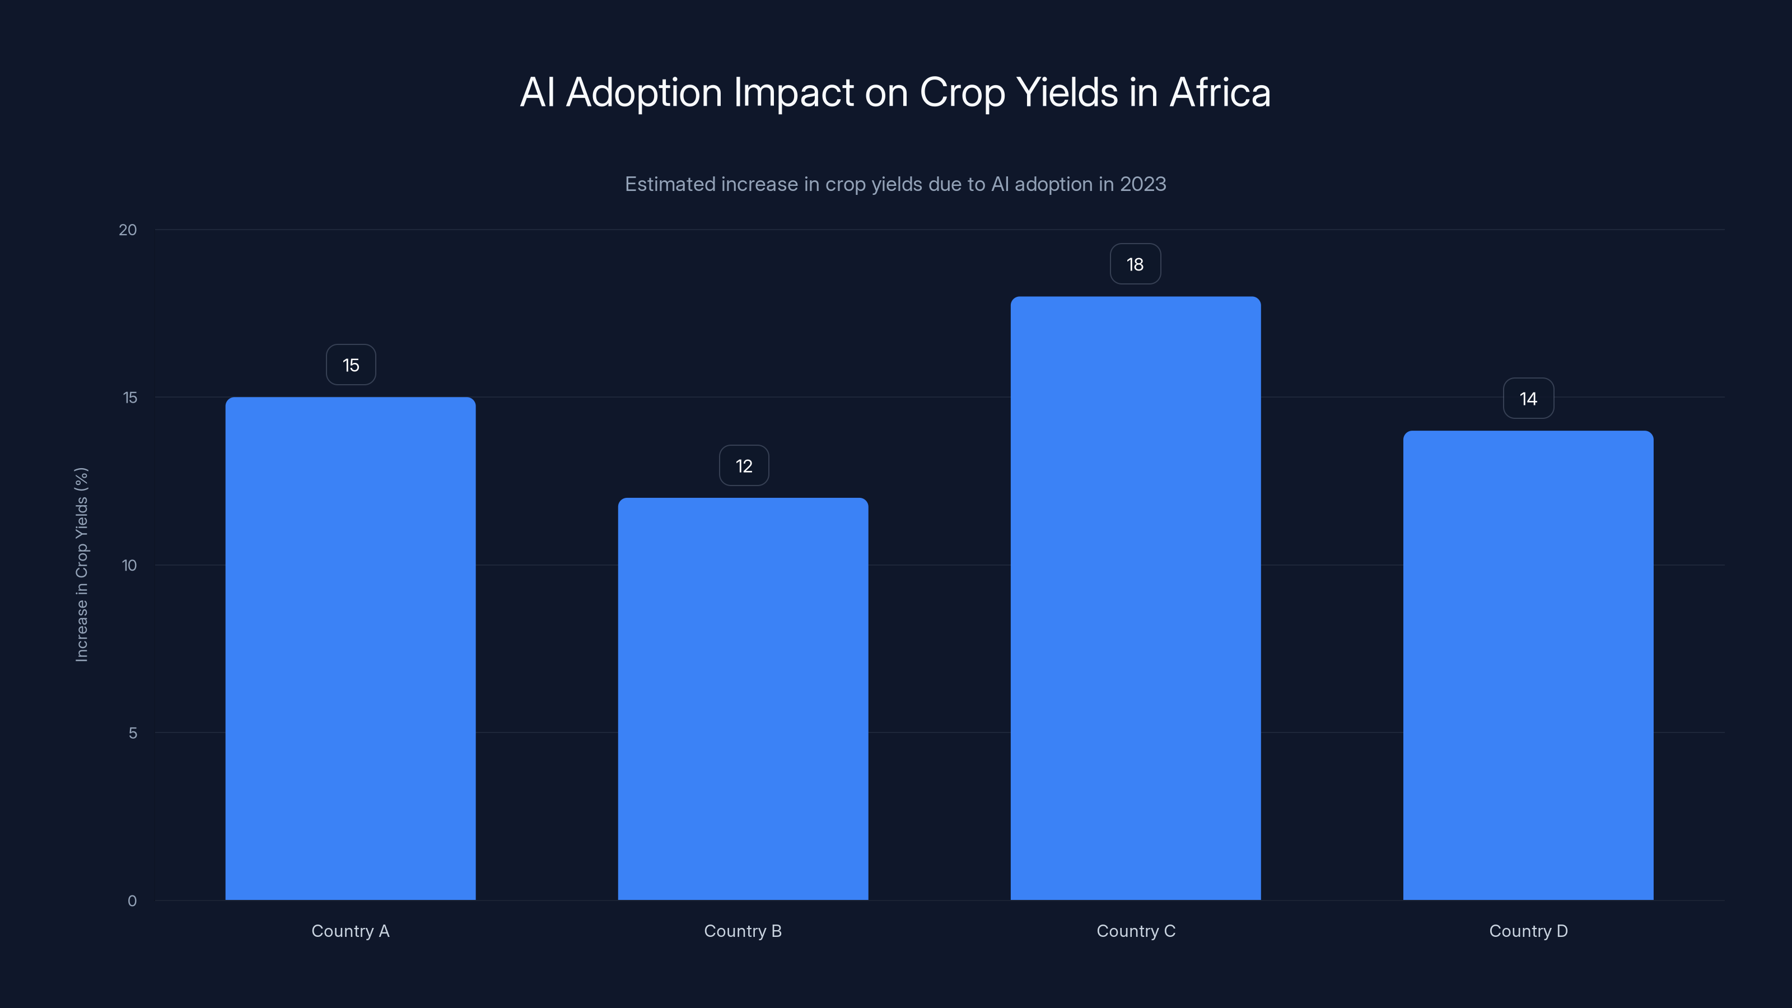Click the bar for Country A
pos(351,648)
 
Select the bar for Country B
pos(743,698)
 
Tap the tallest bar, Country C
pos(1135,598)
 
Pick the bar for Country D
pos(1528,665)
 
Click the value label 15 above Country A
pos(351,365)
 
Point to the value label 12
pos(744,466)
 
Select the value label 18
pos(1135,264)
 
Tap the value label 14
pos(1528,399)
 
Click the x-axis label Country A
pos(351,931)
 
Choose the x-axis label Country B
pos(743,931)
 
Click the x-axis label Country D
pos(1528,931)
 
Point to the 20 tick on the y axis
pos(128,230)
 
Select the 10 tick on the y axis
pos(129,565)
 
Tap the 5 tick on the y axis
pos(133,732)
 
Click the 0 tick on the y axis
pos(132,901)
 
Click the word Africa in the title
pos(1220,92)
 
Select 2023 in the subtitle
pos(1143,184)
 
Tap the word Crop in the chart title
pos(962,93)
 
